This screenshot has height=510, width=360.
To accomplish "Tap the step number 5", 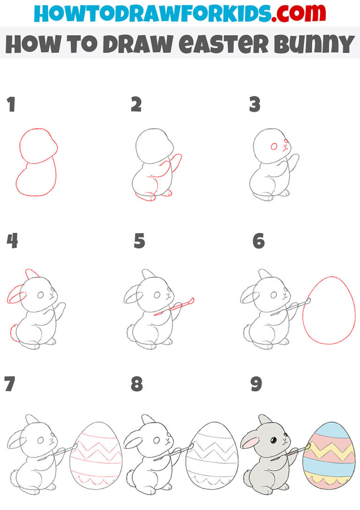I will (139, 242).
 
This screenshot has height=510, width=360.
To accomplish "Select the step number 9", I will (256, 384).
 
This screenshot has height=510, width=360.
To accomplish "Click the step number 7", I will (9, 384).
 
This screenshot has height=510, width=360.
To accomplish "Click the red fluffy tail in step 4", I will (13, 333).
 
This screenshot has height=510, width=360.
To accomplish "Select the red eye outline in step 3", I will (274, 147).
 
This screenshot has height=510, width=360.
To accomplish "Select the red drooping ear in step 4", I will (15, 296).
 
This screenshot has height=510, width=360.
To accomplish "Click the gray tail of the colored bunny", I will (247, 479).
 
